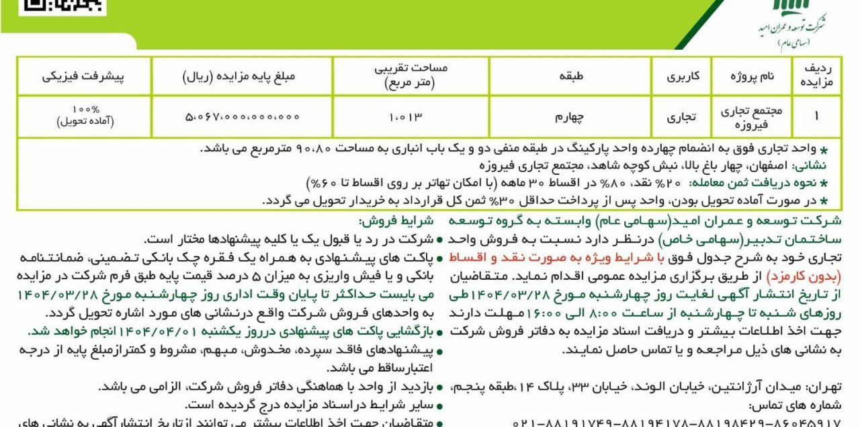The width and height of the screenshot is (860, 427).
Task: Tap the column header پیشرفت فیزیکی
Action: coord(84,76)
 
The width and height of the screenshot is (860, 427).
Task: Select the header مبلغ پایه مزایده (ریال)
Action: coord(242,76)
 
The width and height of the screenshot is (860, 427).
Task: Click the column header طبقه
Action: coord(570,76)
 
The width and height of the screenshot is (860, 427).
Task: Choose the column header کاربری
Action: coord(682,76)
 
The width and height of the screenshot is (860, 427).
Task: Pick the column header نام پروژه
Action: coord(752,76)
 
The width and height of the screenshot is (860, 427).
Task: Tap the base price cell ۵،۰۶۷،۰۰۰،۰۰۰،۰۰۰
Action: coord(242,116)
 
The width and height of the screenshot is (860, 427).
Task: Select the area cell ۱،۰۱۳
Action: coord(406,116)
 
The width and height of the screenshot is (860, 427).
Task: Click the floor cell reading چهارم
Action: coord(570,116)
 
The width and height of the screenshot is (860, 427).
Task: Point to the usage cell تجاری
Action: coord(682,116)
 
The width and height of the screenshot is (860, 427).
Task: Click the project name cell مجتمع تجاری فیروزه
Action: coord(752,116)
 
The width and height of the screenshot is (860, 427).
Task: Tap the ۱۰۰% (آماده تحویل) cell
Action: coord(85,116)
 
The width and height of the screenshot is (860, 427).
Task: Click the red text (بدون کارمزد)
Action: coord(808,275)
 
